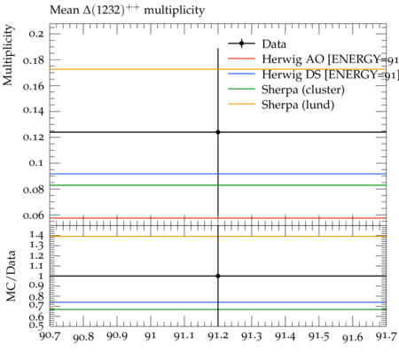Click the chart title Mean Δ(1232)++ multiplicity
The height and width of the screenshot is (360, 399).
click(x=127, y=11)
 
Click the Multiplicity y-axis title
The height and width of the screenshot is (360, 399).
click(x=8, y=55)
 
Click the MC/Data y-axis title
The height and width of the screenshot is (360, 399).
click(x=11, y=276)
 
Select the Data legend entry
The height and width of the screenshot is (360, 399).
click(x=257, y=43)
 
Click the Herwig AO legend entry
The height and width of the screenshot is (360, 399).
click(x=313, y=59)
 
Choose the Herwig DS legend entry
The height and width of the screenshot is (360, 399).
click(x=313, y=74)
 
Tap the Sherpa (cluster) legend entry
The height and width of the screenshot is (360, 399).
click(x=286, y=90)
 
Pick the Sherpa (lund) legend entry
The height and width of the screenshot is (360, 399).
click(x=281, y=105)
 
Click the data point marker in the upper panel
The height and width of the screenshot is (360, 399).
click(x=218, y=132)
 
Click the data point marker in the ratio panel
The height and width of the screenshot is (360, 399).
click(x=218, y=276)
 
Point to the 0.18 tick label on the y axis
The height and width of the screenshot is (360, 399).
click(x=33, y=60)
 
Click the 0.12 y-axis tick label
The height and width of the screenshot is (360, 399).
click(x=33, y=137)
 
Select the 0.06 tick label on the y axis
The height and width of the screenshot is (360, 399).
click(x=33, y=215)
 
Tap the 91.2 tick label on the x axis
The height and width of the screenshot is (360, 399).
click(x=218, y=336)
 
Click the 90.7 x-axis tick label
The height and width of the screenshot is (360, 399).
click(x=51, y=336)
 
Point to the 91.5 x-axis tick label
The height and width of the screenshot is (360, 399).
click(x=319, y=336)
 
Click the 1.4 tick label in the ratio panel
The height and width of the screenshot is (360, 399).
click(x=36, y=235)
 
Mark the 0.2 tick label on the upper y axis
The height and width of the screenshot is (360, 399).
click(x=36, y=34)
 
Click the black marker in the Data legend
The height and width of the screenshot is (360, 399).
click(x=241, y=43)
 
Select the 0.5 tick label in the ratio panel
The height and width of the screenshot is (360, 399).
click(x=36, y=325)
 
